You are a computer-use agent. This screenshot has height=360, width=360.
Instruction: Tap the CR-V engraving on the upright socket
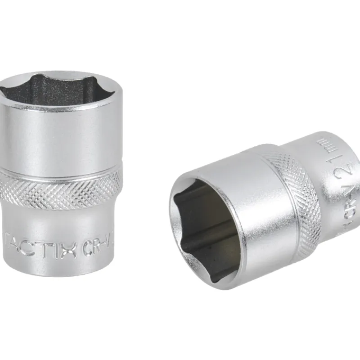point(100,247)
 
